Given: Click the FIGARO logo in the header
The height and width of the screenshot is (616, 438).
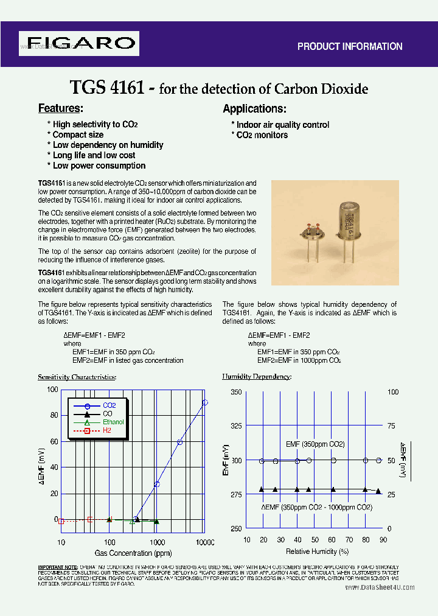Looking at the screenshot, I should click(79, 43).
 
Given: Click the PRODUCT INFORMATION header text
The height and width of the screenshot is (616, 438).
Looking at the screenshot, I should click(349, 46).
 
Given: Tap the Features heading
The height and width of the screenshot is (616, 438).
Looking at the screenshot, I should click(60, 108).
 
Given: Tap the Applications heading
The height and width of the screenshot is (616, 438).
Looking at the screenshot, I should click(254, 109).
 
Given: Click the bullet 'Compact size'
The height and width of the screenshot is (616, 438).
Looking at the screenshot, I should click(77, 135).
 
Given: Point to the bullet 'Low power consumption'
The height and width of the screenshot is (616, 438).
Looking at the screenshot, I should click(99, 166).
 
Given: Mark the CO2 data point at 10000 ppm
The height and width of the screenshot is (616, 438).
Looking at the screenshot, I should click(205, 402).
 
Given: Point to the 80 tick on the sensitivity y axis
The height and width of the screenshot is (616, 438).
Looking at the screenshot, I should click(54, 415).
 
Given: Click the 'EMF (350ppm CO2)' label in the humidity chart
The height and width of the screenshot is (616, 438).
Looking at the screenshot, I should click(315, 444).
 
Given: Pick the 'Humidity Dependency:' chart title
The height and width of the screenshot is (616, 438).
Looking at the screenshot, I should click(256, 377).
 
